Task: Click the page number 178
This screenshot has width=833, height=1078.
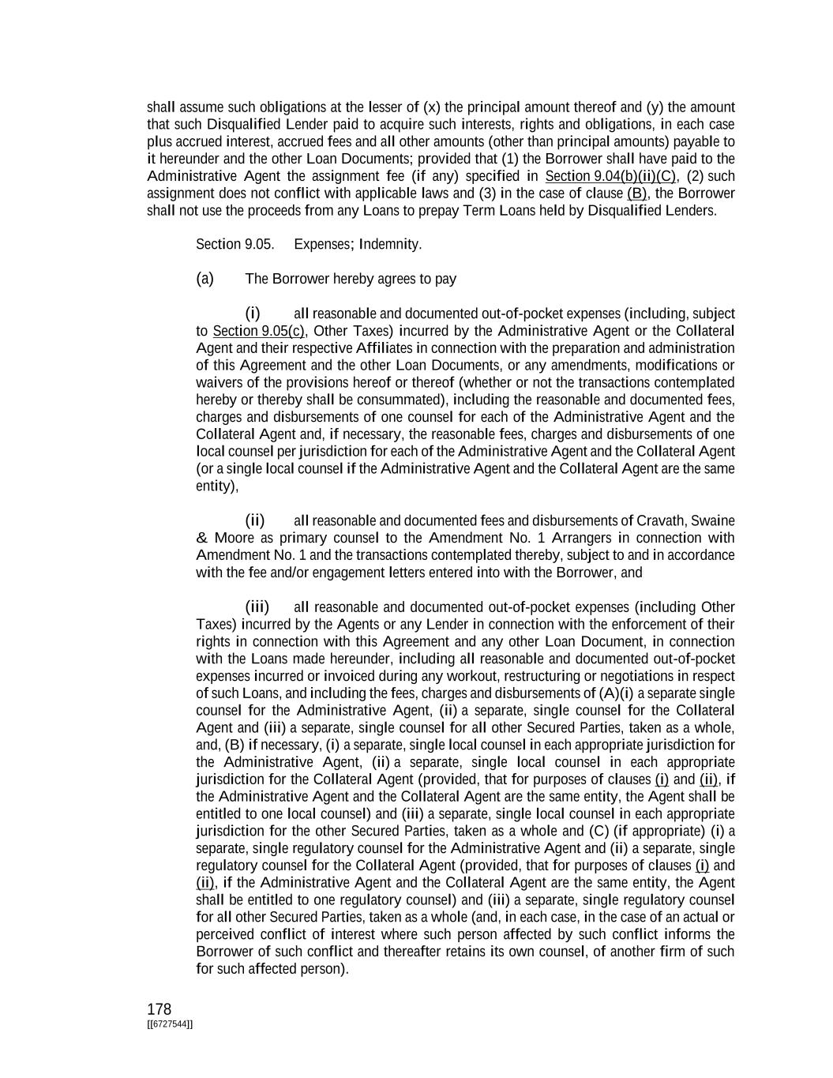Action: click(x=159, y=1009)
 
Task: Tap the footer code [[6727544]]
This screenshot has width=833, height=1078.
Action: click(x=170, y=1024)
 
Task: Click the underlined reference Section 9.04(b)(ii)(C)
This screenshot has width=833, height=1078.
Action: click(x=610, y=176)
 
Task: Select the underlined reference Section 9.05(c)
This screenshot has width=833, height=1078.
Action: click(x=258, y=331)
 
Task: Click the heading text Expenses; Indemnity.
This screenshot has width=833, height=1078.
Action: click(x=358, y=244)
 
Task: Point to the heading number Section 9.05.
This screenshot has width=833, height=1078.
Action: click(x=235, y=244)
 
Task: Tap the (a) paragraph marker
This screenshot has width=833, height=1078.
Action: click(x=204, y=279)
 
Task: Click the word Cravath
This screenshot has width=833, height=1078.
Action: click(x=662, y=520)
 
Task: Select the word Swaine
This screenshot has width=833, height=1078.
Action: click(x=714, y=520)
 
